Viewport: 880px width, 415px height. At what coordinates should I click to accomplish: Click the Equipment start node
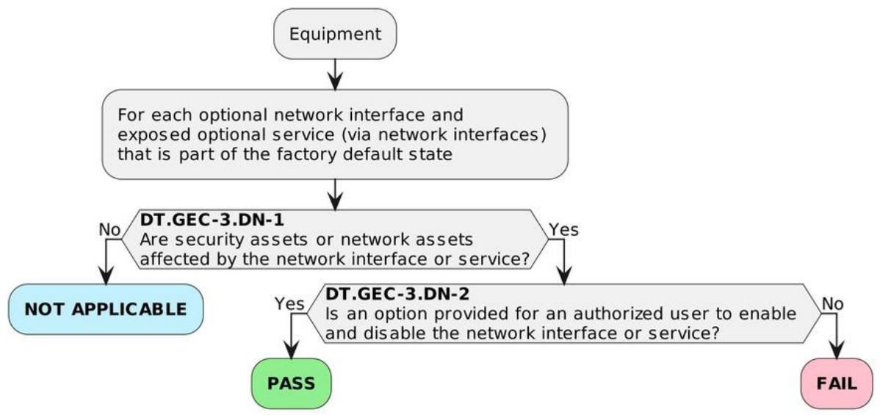(x=335, y=34)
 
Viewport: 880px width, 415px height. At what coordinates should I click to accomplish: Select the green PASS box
(x=292, y=383)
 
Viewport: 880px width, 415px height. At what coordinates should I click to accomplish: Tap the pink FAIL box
(x=837, y=383)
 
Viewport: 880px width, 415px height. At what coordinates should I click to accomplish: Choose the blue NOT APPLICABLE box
(x=106, y=309)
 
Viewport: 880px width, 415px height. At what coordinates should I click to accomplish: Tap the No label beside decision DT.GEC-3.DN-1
(x=110, y=230)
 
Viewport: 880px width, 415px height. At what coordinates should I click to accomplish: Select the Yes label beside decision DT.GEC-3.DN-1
(x=563, y=230)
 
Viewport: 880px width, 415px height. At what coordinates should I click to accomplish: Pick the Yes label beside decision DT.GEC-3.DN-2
(x=289, y=304)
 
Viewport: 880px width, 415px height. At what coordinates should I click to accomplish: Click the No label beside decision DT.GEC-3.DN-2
(x=833, y=304)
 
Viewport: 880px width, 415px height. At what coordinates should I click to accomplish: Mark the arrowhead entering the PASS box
(x=292, y=348)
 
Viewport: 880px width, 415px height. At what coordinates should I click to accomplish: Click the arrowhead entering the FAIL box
(x=837, y=348)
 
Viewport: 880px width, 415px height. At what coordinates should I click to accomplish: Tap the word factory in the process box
(x=313, y=155)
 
